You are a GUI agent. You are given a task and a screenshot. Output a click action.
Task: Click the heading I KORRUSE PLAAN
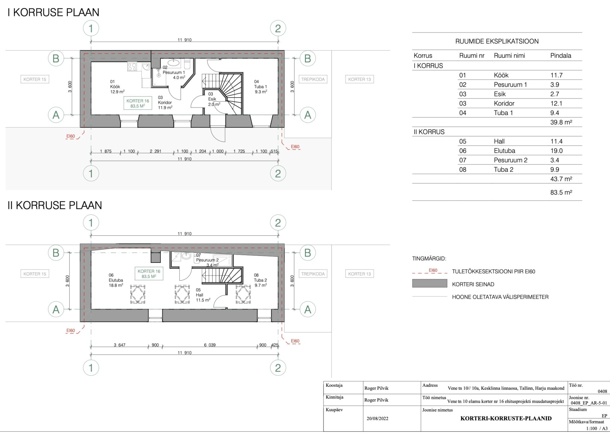pyautogui.click(x=53, y=12)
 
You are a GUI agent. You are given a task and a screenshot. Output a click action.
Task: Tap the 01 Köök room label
pyautogui.click(x=117, y=86)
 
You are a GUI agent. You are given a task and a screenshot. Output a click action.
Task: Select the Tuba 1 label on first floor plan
pyautogui.click(x=261, y=86)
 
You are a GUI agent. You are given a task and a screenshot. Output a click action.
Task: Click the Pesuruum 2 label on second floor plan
pyautogui.click(x=207, y=260)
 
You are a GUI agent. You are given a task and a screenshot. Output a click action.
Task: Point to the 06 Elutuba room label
pyautogui.click(x=116, y=280)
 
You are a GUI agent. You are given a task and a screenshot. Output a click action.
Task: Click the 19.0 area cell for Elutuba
pyautogui.click(x=556, y=151)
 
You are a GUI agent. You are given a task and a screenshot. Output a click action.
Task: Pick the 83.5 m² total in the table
pyautogui.click(x=561, y=192)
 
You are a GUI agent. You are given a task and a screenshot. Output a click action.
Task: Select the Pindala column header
pyautogui.click(x=560, y=56)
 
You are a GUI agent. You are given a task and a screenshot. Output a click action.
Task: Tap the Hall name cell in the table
pyautogui.click(x=499, y=141)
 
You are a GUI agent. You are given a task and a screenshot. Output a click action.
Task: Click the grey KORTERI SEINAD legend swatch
pyautogui.click(x=430, y=283)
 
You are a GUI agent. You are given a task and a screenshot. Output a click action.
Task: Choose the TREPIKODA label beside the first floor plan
pyautogui.click(x=313, y=79)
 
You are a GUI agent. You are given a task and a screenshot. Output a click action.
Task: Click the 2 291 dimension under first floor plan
pyautogui.click(x=155, y=151)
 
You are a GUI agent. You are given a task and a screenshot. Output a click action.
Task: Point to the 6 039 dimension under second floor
pyautogui.click(x=210, y=345)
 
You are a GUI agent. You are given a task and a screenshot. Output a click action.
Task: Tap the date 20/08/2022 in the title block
pyautogui.click(x=377, y=419)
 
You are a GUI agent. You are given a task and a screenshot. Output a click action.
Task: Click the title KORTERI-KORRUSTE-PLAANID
pyautogui.click(x=506, y=419)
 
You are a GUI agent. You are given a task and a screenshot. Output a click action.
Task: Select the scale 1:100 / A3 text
pyautogui.click(x=597, y=428)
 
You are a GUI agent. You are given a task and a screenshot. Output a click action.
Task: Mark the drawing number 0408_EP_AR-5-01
pyautogui.click(x=589, y=403)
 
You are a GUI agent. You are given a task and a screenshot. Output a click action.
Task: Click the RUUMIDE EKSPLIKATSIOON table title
pyautogui.click(x=497, y=41)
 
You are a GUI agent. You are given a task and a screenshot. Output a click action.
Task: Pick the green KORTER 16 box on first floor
pyautogui.click(x=138, y=103)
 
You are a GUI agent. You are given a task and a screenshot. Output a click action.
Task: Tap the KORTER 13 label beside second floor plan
pyautogui.click(x=359, y=274)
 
